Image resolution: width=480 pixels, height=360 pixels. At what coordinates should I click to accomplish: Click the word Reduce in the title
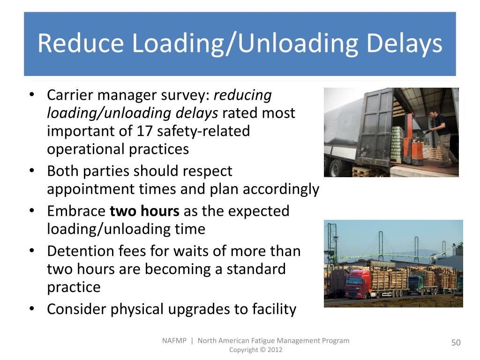tap(80, 44)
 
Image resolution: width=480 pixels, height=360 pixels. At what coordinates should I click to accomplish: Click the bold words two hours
tap(144, 211)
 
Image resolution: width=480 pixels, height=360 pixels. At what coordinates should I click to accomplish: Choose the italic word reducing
tap(242, 95)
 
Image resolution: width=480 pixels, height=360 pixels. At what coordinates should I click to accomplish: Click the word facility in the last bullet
tap(274, 309)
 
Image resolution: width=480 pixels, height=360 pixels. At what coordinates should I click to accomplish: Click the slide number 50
tap(456, 343)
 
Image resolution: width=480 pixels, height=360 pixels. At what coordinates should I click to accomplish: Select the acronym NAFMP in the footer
tap(174, 341)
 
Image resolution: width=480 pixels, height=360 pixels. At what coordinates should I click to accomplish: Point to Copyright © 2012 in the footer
tap(255, 350)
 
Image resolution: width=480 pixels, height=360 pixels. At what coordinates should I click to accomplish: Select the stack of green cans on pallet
tap(397, 143)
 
